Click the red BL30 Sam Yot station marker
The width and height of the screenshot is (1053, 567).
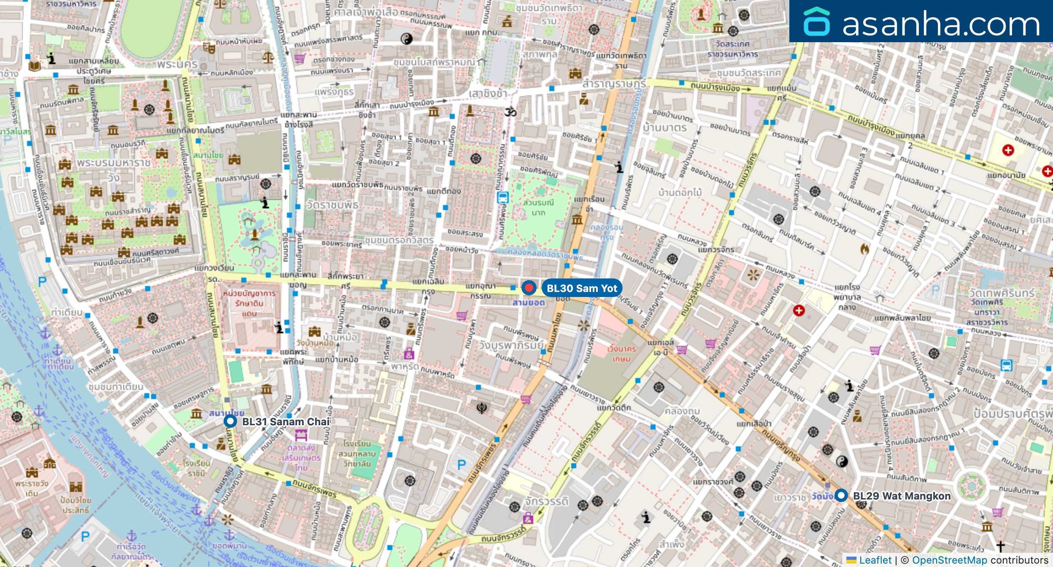[x=529, y=288]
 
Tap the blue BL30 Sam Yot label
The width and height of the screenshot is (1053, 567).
[x=581, y=288]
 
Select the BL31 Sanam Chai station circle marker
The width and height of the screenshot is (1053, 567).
[x=230, y=421]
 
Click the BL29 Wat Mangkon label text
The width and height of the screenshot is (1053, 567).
[x=902, y=496]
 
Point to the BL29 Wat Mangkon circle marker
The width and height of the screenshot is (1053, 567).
[x=841, y=495]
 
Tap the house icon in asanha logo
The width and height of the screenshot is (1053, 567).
[x=816, y=22]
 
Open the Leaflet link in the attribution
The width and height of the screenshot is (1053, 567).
[x=875, y=560]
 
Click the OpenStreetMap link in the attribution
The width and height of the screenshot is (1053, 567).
[x=949, y=560]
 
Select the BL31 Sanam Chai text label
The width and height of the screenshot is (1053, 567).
[x=286, y=421]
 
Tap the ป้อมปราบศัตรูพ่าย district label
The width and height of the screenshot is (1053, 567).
[x=1012, y=413]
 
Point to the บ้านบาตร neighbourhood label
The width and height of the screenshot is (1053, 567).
[x=665, y=127]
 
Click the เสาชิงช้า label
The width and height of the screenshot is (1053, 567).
[x=488, y=93]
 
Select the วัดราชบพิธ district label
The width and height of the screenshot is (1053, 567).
[x=332, y=205]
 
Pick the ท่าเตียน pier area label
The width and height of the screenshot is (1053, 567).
[x=67, y=312]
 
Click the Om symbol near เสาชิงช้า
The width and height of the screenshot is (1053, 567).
[x=510, y=112]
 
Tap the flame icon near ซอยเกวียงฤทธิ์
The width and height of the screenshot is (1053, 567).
[x=865, y=249]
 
